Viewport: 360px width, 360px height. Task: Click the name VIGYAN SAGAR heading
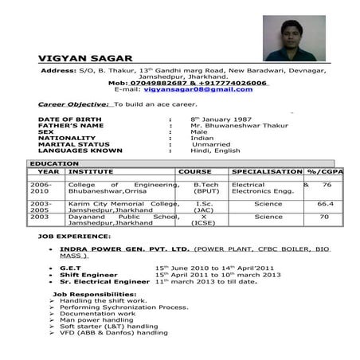85,58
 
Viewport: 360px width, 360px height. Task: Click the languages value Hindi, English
215,151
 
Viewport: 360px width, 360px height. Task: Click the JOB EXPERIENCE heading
76,237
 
